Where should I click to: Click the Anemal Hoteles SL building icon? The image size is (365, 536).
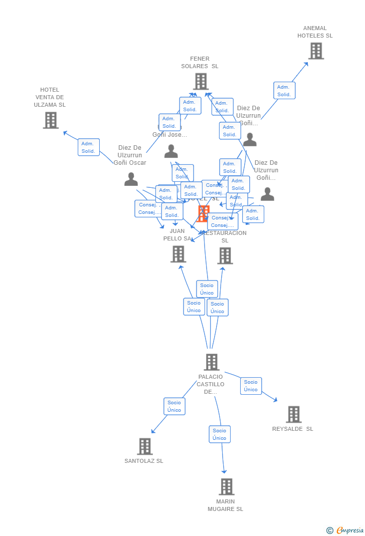(x=316, y=51)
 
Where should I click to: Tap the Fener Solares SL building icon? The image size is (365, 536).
(x=201, y=82)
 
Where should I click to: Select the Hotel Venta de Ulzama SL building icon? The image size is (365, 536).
(x=51, y=120)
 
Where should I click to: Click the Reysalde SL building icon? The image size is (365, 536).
(x=294, y=414)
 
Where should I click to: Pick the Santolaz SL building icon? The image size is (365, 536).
(x=144, y=446)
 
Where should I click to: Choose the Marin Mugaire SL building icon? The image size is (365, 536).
(x=226, y=486)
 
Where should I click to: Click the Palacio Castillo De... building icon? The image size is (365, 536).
(x=211, y=362)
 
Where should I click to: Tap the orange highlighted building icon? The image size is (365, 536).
(x=204, y=213)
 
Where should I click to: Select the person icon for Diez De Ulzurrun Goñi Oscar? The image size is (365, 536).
(x=131, y=179)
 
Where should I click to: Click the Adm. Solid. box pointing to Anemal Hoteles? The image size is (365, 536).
(x=284, y=91)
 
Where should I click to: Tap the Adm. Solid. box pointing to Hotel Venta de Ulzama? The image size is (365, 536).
(x=89, y=147)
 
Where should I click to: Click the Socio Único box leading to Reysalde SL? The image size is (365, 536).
(x=251, y=386)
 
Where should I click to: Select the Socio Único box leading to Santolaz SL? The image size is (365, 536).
(x=174, y=406)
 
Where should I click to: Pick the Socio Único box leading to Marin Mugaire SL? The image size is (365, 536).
(x=220, y=434)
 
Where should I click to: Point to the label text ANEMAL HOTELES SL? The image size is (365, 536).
(x=315, y=32)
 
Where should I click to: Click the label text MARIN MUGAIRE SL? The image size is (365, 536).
(x=226, y=505)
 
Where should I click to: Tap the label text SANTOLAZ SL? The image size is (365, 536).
(x=144, y=461)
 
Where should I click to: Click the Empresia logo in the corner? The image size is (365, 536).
(x=345, y=530)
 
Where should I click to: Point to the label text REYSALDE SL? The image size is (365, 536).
(x=293, y=429)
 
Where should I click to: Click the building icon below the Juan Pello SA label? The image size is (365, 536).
(x=178, y=254)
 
